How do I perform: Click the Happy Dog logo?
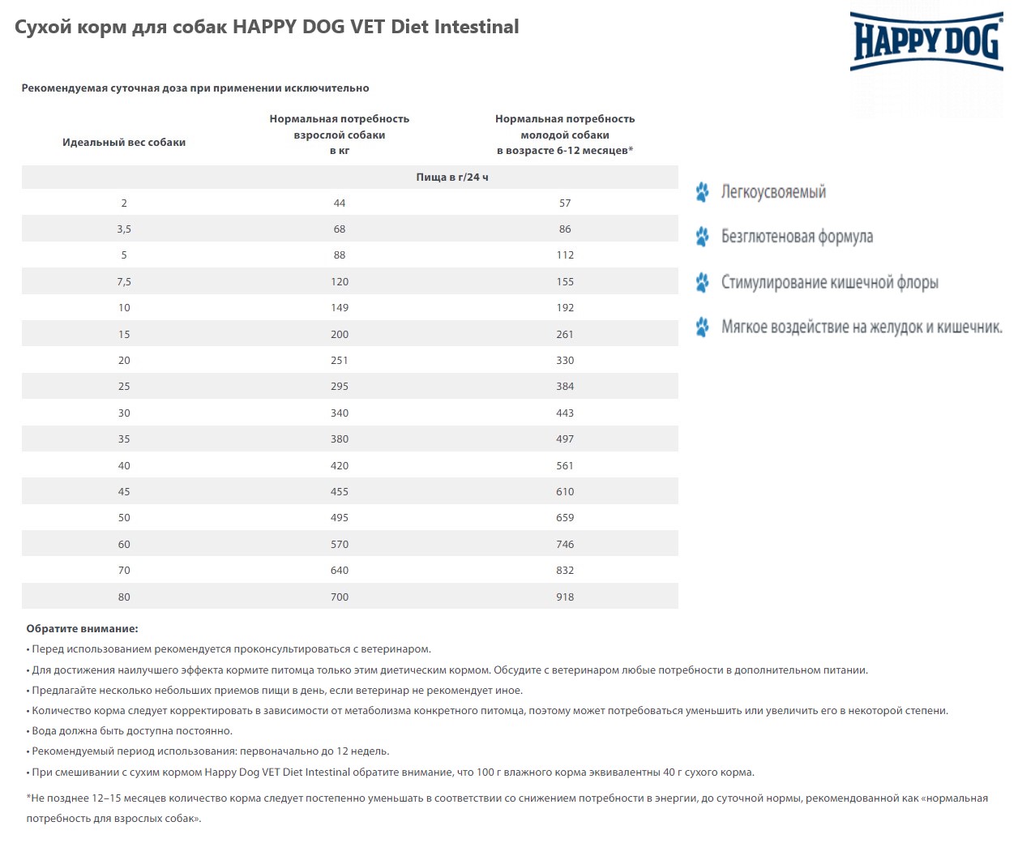coord(926,41)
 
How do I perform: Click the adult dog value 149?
coord(340,308)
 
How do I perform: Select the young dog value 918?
coord(565,597)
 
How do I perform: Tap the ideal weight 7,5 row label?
coord(124,282)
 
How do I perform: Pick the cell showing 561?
coord(565,466)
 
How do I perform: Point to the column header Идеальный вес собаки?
coord(124,143)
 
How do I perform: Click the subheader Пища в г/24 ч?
coord(452,178)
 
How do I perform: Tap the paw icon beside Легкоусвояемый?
coord(702,192)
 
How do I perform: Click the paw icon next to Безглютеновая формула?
coord(702,237)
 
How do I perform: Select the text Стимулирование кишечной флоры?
coord(829,283)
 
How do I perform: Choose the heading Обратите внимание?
coord(82,629)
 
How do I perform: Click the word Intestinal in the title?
coord(477,27)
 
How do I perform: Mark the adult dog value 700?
coord(340,597)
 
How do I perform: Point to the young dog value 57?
coord(565,203)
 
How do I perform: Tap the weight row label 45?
coord(124,492)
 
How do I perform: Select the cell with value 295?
coord(340,387)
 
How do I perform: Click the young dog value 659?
coord(565,518)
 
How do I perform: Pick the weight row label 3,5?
coord(124,229)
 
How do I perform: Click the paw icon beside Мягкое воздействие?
coord(702,327)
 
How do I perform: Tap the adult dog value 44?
coord(340,203)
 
